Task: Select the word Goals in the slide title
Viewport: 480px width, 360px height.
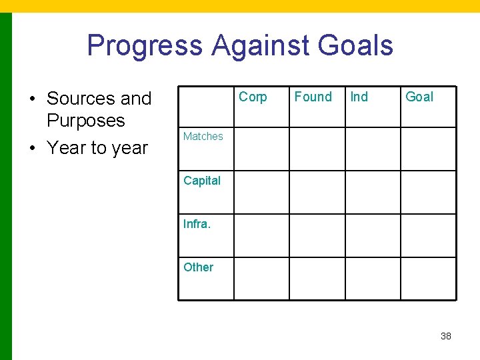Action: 355,46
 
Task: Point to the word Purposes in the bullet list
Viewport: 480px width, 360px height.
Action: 85,121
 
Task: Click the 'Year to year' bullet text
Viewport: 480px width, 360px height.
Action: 97,148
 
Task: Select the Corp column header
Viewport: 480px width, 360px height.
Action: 253,97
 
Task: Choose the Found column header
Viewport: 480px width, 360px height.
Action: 313,97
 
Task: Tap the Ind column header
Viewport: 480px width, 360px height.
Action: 359,97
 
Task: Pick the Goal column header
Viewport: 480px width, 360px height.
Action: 419,97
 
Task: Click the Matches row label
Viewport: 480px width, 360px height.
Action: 203,137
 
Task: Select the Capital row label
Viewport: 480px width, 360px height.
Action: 201,180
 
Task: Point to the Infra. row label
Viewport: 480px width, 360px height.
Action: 197,224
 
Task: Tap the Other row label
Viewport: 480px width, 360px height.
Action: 198,267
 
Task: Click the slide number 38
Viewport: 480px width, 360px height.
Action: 446,336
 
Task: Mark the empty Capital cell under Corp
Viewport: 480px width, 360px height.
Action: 261,192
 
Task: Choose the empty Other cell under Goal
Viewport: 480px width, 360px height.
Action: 428,279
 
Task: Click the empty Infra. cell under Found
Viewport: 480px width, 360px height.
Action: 317,235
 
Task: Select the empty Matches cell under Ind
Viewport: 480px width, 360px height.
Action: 372,149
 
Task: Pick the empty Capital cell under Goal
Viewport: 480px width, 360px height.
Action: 428,192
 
